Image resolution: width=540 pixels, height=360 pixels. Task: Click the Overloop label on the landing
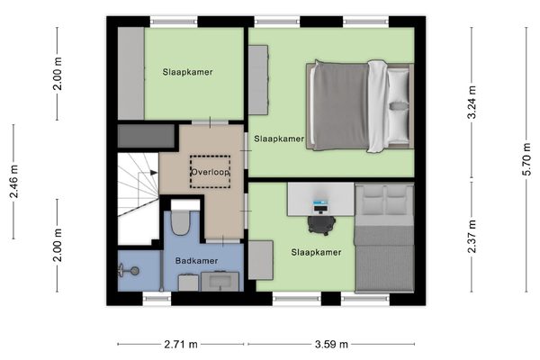pos(210,172)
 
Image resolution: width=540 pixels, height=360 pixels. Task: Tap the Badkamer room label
pos(196,261)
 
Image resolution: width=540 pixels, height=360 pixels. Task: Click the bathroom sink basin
pos(220,282)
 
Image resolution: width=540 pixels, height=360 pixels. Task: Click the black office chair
pos(321,225)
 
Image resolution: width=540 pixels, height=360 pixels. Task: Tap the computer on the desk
pos(320,207)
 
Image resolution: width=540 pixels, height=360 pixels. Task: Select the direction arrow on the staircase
pos(153,173)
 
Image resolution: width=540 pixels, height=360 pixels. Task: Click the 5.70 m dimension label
pos(526,160)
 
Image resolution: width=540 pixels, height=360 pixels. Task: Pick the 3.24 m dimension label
pos(472,103)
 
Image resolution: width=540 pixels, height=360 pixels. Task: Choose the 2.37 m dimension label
pos(472,237)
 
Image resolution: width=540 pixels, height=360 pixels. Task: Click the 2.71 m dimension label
pos(181,344)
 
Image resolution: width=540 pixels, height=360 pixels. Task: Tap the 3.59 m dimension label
pos(331,344)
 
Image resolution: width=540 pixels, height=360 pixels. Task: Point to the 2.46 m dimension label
pos(13,182)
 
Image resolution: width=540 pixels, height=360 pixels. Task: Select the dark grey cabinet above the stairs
pos(146,136)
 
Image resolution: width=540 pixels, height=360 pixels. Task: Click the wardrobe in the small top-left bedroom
pos(130,74)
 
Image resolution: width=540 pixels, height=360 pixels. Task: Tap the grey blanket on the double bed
pos(341,106)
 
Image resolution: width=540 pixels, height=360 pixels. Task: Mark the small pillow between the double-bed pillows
pos(399,106)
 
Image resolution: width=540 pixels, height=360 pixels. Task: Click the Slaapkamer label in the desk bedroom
pos(316,252)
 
